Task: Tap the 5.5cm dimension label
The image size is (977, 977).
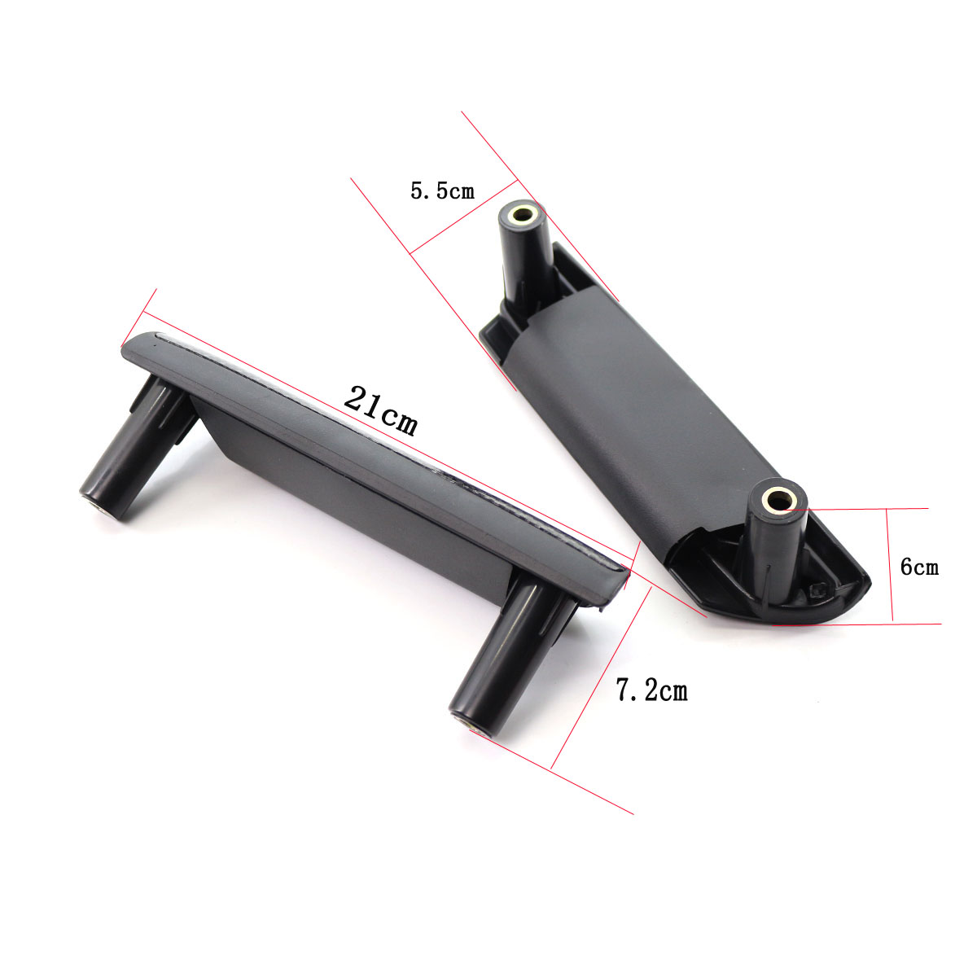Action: [442, 191]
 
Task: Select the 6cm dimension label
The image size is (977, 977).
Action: [919, 567]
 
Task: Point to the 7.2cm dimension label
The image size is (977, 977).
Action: [652, 690]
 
